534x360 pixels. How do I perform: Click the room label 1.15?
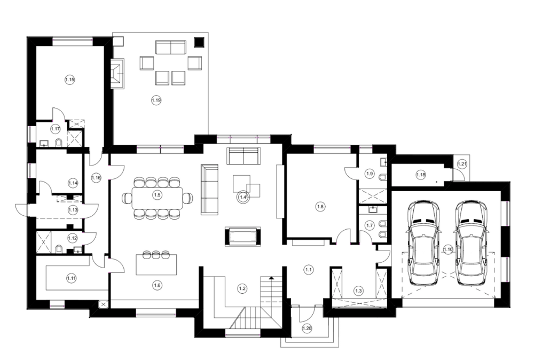[x=70, y=80]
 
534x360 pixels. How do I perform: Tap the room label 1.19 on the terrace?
[x=156, y=100]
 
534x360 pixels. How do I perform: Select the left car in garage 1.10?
[x=423, y=243]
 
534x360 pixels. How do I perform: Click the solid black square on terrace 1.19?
[x=199, y=42]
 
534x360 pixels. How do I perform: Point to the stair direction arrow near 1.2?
[x=271, y=279]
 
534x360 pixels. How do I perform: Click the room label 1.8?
[x=320, y=206]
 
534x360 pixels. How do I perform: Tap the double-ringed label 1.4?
[x=244, y=197]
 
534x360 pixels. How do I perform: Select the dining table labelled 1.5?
[x=157, y=198]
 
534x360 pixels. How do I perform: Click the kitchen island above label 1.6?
[x=156, y=264]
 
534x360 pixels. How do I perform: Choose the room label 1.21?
[x=462, y=164]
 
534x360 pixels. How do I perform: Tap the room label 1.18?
[x=421, y=175]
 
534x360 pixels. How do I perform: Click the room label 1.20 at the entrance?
[x=307, y=328]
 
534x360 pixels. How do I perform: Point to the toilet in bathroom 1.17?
[x=58, y=143]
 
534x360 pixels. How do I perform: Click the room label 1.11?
[x=72, y=278]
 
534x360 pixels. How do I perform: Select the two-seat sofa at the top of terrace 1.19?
[x=171, y=48]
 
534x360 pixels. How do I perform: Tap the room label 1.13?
[x=73, y=210]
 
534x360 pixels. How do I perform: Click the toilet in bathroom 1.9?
[x=383, y=177]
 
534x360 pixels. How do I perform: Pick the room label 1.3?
[x=359, y=291]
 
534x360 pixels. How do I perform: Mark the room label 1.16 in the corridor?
[x=96, y=178]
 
